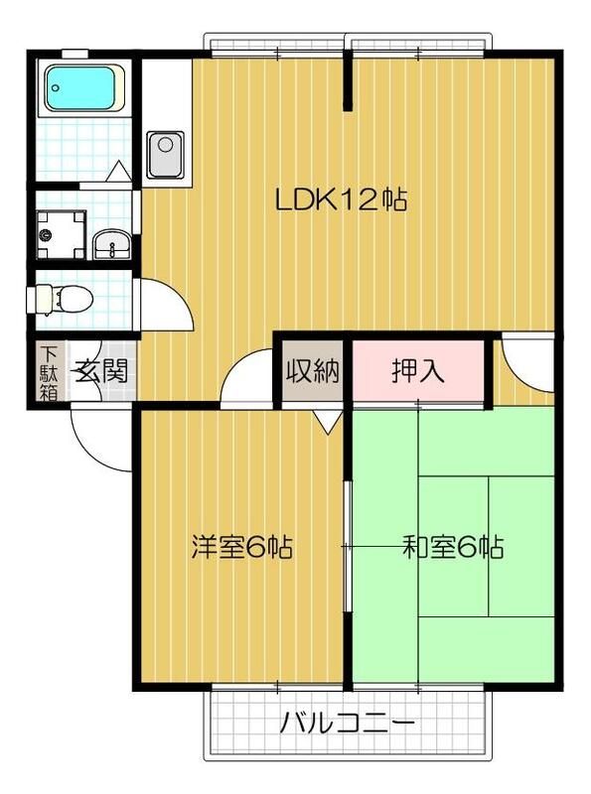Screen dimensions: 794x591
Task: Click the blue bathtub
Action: tap(83, 88)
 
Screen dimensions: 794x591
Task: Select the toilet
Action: tap(62, 298)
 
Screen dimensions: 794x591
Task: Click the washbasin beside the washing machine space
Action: tap(109, 242)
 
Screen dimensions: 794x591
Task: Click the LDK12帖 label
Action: tap(341, 200)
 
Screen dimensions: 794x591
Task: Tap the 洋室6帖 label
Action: tap(240, 547)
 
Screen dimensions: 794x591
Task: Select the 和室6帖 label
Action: tap(452, 547)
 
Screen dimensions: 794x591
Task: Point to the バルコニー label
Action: tap(347, 722)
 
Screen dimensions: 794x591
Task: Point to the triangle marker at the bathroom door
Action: tap(117, 172)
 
